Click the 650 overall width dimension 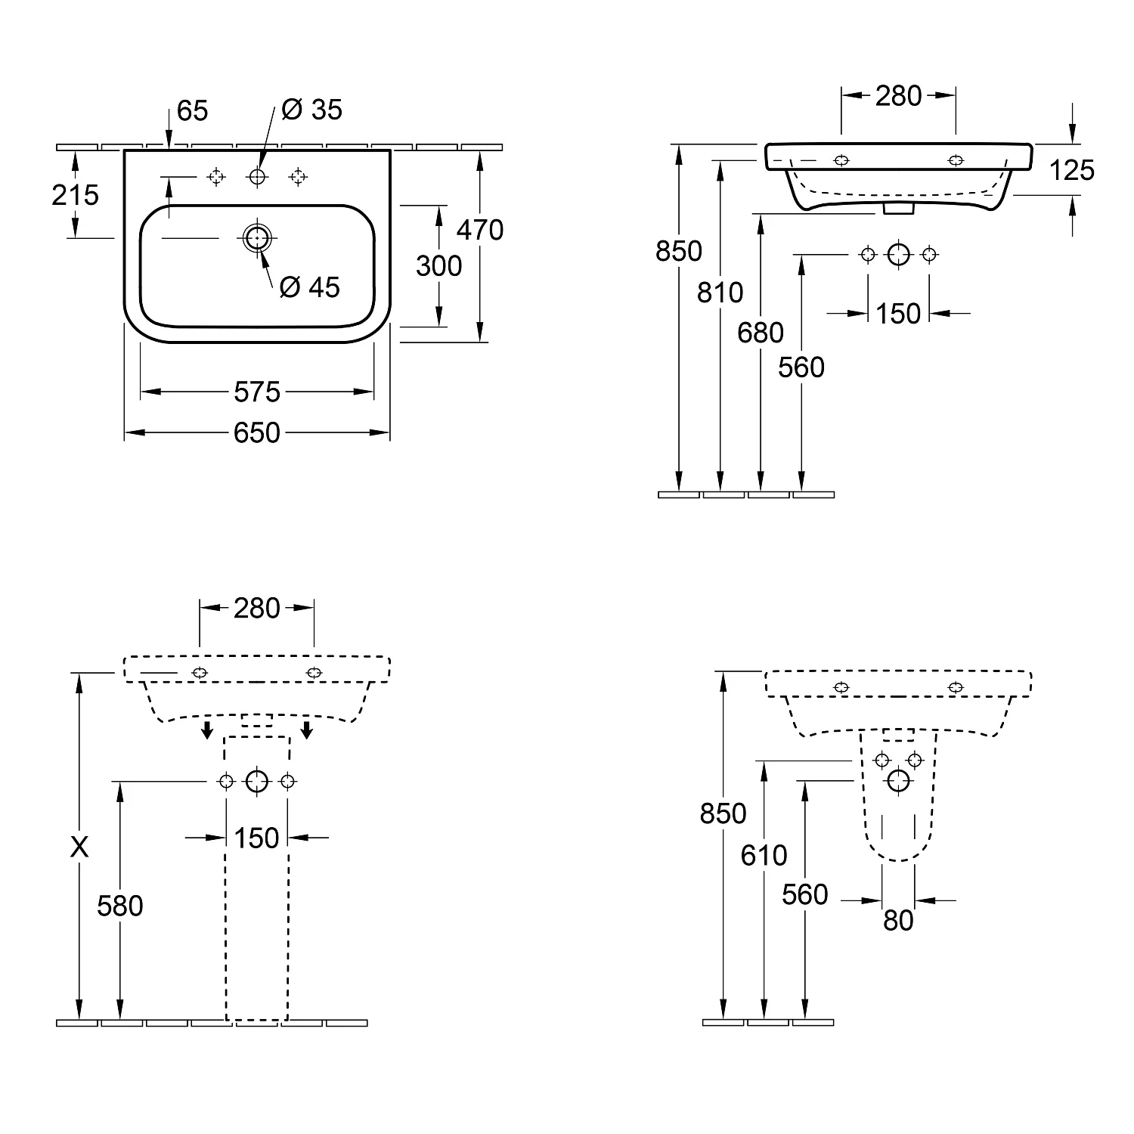pos(257,432)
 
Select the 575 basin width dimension pos(257,392)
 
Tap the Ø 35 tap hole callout pos(311,110)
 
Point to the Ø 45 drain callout pos(310,287)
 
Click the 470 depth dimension pos(480,230)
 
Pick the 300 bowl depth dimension pos(438,266)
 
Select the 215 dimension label pos(76,195)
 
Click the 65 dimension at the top pos(192,111)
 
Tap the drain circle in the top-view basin pos(257,237)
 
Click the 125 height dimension pos(1072,170)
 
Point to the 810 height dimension pos(720,292)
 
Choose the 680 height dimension pos(761,333)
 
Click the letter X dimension pos(79,847)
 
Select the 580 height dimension pos(120,906)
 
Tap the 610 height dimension pos(764,855)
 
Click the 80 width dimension pos(898,920)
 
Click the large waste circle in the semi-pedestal pos(898,781)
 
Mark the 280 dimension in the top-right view pos(898,96)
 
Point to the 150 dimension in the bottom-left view pos(257,838)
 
